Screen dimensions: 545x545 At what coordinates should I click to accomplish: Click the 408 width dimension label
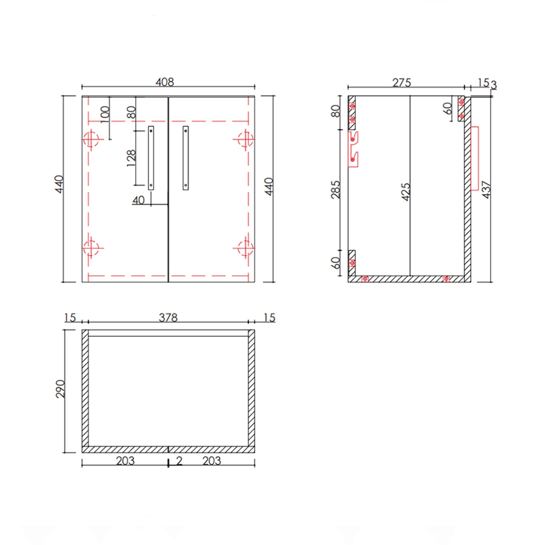[x=165, y=82]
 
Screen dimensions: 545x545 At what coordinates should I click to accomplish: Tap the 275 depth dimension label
[x=401, y=83]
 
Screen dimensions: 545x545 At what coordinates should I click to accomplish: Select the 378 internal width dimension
[x=168, y=318]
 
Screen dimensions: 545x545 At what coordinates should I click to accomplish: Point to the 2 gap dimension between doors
[x=179, y=461]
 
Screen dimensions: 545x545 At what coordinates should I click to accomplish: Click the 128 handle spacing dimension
[x=131, y=158]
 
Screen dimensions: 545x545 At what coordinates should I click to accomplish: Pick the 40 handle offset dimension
[x=138, y=200]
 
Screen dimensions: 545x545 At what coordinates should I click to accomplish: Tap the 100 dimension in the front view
[x=105, y=114]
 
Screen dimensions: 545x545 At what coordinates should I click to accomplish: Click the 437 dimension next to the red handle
[x=486, y=190]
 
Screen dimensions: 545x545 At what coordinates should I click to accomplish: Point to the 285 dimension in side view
[x=336, y=190]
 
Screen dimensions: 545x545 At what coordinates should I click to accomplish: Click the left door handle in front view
[x=151, y=158]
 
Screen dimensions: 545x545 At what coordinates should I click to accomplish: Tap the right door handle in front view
[x=186, y=158]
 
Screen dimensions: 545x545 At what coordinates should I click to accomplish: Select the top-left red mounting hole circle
[x=91, y=139]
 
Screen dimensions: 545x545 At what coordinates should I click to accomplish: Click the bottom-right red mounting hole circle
[x=245, y=248]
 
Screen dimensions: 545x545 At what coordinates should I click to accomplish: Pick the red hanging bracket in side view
[x=353, y=149]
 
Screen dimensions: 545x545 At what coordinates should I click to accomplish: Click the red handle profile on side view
[x=474, y=158]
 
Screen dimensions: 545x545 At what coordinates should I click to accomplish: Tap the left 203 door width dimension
[x=125, y=461]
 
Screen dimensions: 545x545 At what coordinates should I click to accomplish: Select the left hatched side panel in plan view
[x=85, y=389]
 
